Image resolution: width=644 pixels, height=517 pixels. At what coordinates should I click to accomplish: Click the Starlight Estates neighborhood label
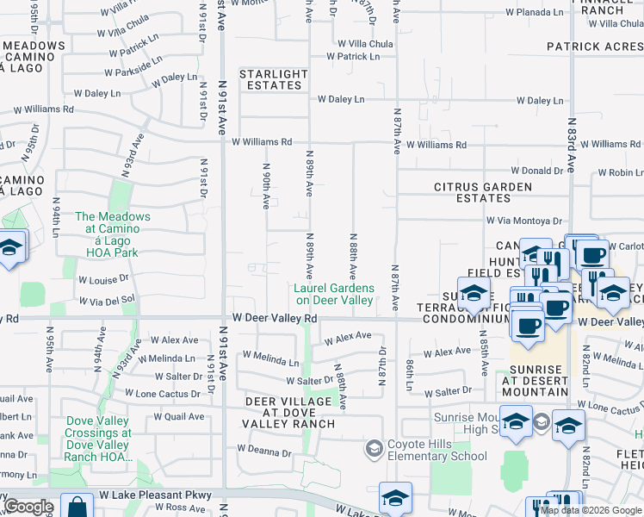tap(272, 79)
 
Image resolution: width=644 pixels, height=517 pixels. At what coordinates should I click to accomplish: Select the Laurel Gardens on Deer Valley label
tap(335, 294)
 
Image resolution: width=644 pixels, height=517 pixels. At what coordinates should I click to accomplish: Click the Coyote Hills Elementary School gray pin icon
tap(374, 448)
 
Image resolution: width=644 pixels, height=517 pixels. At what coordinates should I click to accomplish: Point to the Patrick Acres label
tap(594, 47)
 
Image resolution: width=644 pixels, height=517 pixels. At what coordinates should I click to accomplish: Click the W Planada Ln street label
tap(534, 13)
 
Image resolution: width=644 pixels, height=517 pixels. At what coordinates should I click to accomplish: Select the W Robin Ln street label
tap(619, 173)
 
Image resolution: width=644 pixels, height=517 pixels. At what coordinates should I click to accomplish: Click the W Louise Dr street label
tap(102, 280)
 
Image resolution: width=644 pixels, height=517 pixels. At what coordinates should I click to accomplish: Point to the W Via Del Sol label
tap(108, 300)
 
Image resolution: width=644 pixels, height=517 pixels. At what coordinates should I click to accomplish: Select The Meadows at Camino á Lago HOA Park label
tap(113, 235)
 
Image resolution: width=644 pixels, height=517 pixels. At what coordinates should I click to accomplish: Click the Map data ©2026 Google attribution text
tap(591, 511)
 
